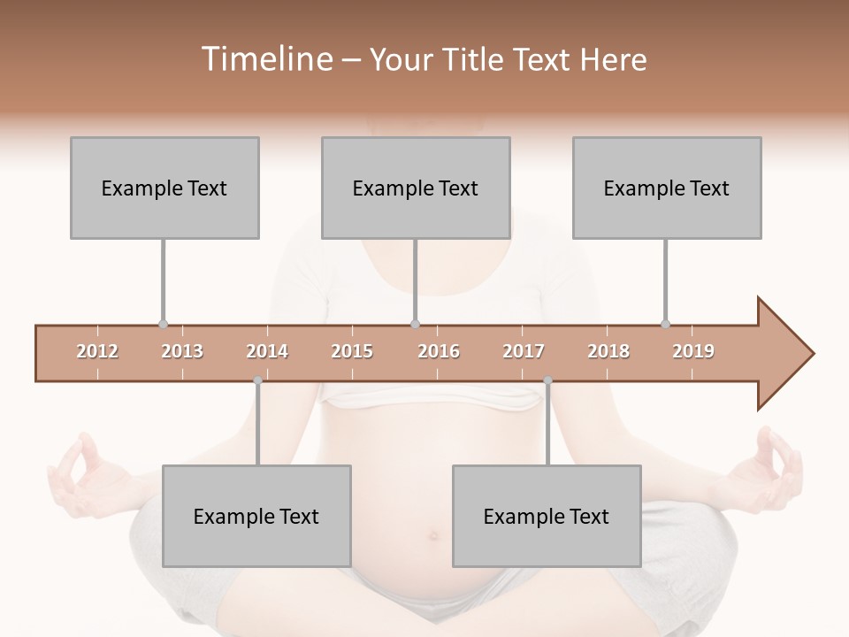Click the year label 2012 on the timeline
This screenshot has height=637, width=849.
click(97, 351)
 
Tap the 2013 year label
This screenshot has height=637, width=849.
click(182, 351)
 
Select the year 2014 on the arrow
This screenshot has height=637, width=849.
click(267, 351)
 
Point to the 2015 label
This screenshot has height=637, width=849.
click(352, 351)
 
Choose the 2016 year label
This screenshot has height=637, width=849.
click(439, 351)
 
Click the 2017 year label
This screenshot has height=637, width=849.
click(524, 351)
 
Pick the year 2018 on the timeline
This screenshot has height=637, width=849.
click(608, 351)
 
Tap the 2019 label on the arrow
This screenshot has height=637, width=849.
click(693, 351)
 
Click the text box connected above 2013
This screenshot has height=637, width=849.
click(164, 188)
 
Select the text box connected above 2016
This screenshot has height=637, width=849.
click(416, 188)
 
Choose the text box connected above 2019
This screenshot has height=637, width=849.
click(667, 188)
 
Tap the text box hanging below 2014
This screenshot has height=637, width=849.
click(256, 516)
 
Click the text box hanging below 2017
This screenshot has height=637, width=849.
click(547, 516)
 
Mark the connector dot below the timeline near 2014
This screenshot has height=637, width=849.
click(257, 380)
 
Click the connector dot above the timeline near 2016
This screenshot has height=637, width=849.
click(416, 325)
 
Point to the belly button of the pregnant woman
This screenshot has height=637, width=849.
click(433, 535)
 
